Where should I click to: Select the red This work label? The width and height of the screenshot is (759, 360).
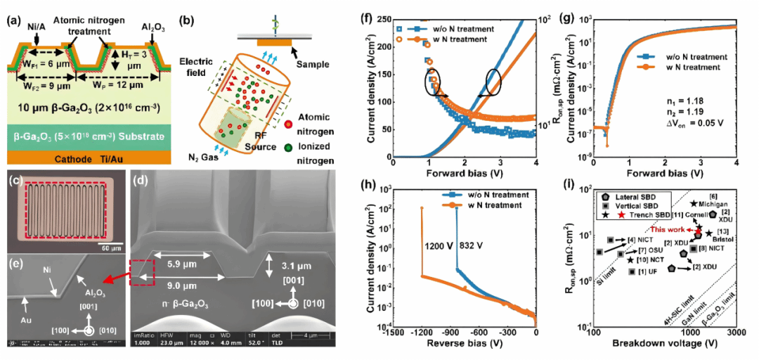[668, 229]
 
